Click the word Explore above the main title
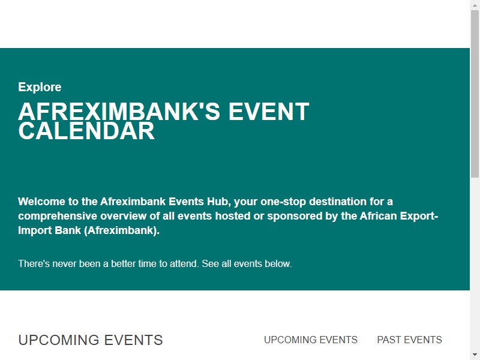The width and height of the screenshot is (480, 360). coord(40,88)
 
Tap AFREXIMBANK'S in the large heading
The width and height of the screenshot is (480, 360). coord(119,112)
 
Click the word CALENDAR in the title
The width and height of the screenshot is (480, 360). coord(86,131)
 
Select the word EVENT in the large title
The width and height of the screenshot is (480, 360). coord(269,112)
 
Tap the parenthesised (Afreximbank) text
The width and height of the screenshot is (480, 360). coord(122,230)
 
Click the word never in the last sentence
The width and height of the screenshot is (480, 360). coord(64,263)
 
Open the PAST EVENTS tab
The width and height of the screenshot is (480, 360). coord(409,340)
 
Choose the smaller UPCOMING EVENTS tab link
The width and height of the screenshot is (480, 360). coord(311,340)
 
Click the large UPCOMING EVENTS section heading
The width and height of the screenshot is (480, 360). coord(91,340)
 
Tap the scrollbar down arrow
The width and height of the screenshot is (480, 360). coord(475,355)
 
